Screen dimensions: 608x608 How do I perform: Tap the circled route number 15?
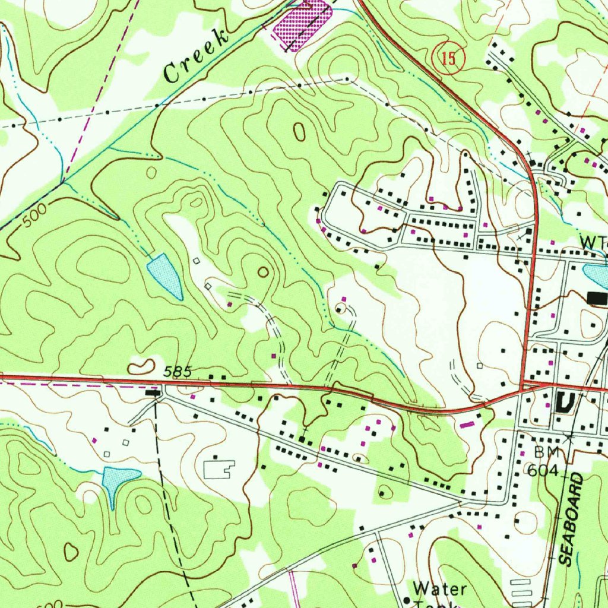[449, 59]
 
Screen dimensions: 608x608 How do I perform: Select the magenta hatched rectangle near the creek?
[302, 25]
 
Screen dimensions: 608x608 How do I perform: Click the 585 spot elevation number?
[178, 372]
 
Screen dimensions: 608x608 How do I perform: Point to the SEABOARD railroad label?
[573, 520]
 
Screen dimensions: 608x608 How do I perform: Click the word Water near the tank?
[440, 588]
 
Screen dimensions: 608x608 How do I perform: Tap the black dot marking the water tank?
[407, 600]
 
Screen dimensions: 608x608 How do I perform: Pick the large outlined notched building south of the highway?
[219, 470]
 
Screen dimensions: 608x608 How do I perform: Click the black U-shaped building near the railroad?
[565, 403]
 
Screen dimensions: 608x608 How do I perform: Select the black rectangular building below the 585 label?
[153, 392]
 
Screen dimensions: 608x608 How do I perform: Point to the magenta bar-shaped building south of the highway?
[468, 424]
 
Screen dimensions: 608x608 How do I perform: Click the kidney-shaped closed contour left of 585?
[141, 367]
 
